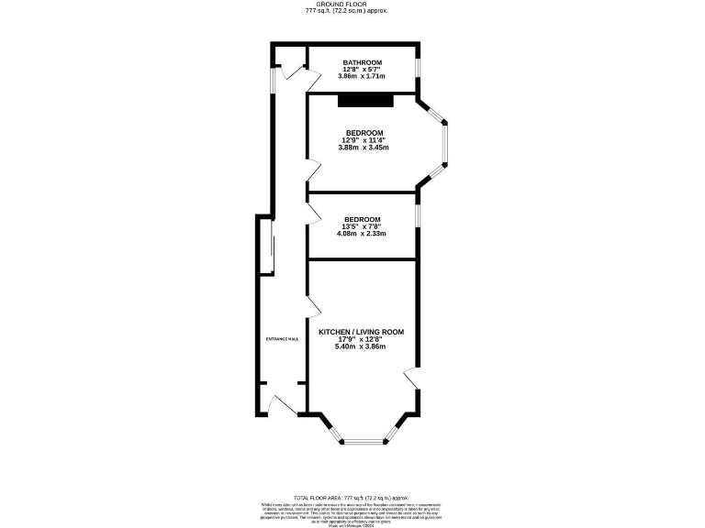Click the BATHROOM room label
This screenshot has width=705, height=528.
363,62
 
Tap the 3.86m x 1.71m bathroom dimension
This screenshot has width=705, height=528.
363,76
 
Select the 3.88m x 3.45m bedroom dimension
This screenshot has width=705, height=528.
363,148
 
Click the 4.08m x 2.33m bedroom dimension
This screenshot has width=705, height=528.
362,234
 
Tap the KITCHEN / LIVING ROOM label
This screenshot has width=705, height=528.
361,331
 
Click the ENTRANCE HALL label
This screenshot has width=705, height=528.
282,339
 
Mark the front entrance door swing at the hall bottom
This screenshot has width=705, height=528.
281,403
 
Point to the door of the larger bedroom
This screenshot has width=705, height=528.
313,170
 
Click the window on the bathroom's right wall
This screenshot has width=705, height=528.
419,69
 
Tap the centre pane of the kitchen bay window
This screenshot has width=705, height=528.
361,443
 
